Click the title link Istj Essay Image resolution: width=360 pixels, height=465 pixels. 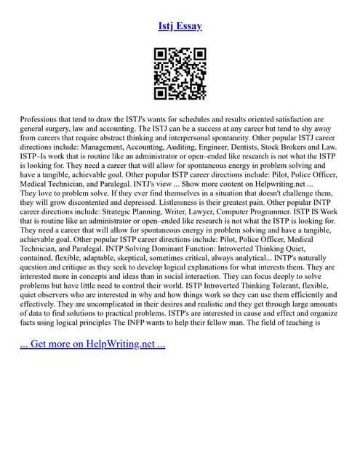[x=180, y=26]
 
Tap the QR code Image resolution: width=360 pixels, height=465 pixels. [x=180, y=73]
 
